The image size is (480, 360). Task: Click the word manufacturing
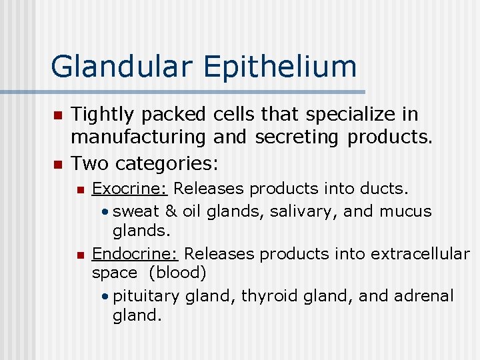(x=138, y=138)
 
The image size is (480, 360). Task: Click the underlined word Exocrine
(x=129, y=189)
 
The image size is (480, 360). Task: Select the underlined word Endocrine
(x=136, y=254)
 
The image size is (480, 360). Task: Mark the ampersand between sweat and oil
(x=171, y=211)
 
